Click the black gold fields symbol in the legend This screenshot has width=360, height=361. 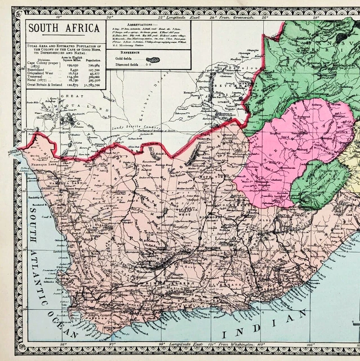(151, 59)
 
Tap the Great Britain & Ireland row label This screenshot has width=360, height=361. (48, 86)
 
